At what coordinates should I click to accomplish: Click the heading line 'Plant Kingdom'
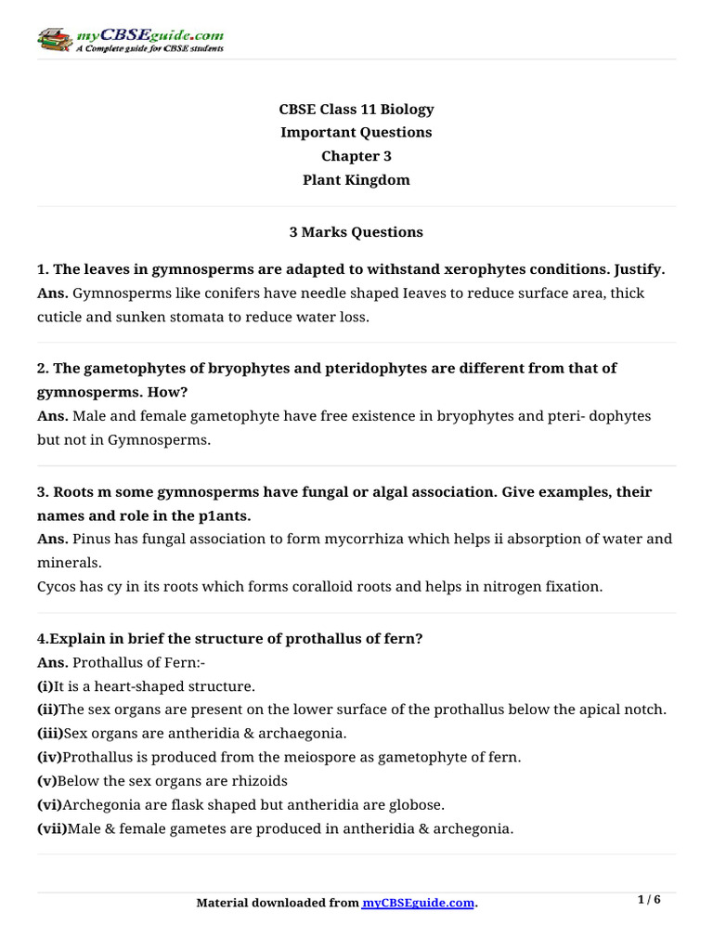coord(356,180)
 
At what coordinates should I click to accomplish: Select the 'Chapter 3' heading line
coord(356,156)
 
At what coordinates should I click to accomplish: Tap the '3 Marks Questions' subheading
coord(356,232)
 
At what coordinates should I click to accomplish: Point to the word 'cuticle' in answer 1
coord(60,317)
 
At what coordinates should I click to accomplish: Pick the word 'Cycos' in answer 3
coord(57,586)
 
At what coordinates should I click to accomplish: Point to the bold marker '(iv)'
coord(50,758)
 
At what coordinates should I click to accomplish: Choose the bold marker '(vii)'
coord(53,828)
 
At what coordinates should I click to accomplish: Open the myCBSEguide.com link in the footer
coord(418,903)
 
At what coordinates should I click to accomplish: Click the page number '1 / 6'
coord(649,900)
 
